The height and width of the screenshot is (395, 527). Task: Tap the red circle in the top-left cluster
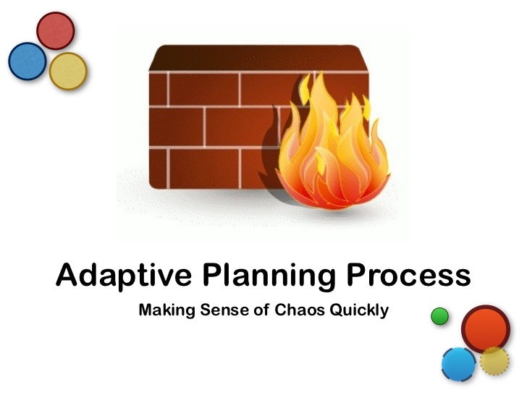click(x=56, y=31)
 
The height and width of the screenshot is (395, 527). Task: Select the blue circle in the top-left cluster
click(x=28, y=61)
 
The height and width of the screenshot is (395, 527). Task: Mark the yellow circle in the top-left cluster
click(x=68, y=71)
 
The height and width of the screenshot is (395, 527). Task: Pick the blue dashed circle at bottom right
click(x=458, y=365)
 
